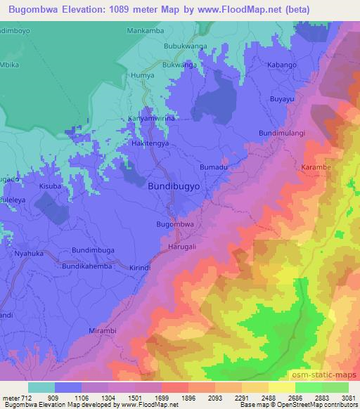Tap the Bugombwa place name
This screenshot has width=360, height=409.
coord(175,224)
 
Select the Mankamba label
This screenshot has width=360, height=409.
coord(146,31)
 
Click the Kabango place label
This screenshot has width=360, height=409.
coord(283,64)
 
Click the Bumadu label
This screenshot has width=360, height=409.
coord(214,167)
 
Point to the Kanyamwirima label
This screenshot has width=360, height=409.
coord(150,119)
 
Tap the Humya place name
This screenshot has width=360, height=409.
coord(142,74)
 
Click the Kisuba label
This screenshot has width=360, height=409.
coord(50,186)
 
